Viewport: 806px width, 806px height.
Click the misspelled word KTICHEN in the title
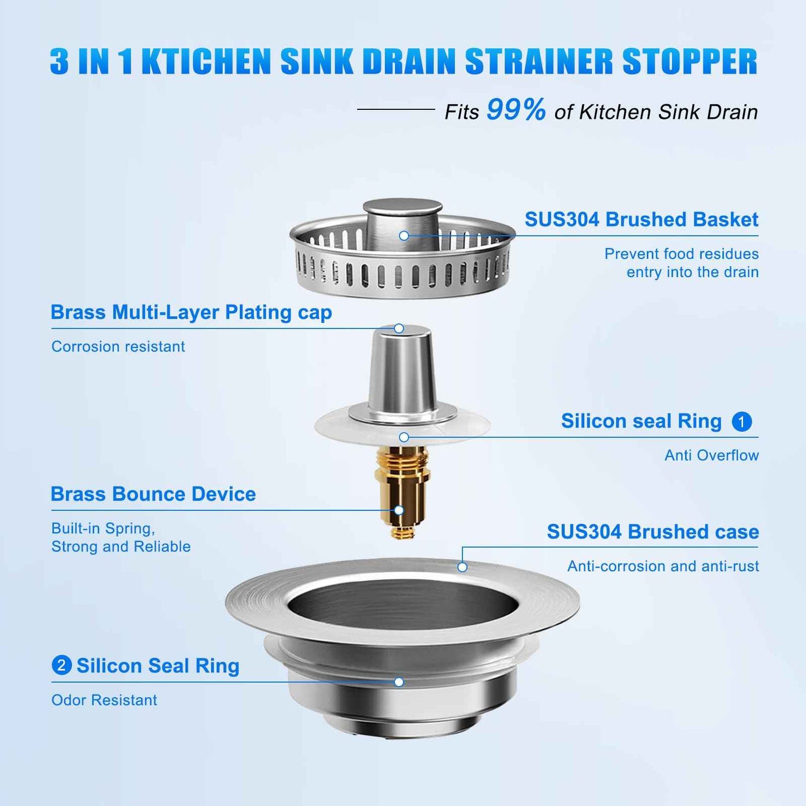tap(206, 61)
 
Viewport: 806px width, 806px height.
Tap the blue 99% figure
tap(516, 109)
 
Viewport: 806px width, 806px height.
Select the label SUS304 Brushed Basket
tap(641, 219)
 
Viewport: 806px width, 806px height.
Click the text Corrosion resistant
tap(118, 346)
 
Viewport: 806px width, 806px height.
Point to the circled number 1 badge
tap(741, 422)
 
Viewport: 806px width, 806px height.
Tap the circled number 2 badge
tap(61, 665)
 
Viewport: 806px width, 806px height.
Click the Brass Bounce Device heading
tap(153, 494)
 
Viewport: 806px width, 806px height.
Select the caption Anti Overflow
tap(711, 455)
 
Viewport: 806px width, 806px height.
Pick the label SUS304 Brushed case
tap(652, 532)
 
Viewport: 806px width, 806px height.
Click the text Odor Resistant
tap(104, 700)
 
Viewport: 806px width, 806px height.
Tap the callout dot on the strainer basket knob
tap(404, 236)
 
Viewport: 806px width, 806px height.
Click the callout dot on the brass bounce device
tap(399, 510)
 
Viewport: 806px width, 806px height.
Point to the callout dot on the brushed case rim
tap(462, 567)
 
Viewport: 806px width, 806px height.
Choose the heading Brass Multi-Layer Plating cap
tap(191, 312)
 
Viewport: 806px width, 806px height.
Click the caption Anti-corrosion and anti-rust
tap(663, 566)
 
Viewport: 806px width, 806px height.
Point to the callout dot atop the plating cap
tap(399, 329)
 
